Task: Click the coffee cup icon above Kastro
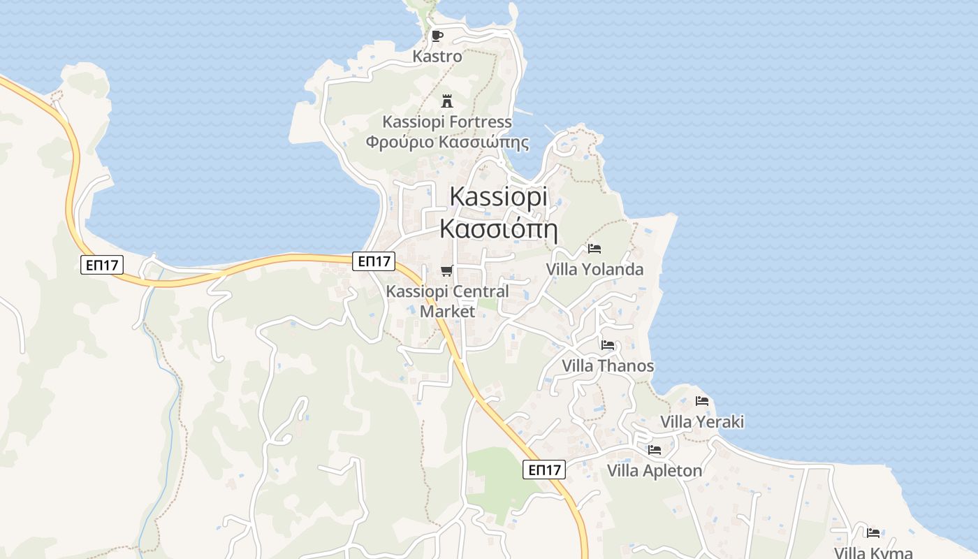437,36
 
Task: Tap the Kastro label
437,56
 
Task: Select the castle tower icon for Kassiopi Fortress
447,101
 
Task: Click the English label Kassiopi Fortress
447,122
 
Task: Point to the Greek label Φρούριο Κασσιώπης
447,143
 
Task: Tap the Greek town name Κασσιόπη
499,228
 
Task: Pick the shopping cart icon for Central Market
447,270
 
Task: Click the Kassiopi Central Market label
448,301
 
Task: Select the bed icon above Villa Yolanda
594,248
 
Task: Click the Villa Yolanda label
594,269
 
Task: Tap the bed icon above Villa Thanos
608,344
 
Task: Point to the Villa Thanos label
608,365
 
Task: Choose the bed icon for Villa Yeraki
702,400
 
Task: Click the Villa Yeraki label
702,421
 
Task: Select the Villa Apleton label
655,470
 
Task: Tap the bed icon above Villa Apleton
655,449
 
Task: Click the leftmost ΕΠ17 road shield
102,265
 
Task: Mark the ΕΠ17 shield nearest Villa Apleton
544,470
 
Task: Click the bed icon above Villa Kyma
873,532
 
